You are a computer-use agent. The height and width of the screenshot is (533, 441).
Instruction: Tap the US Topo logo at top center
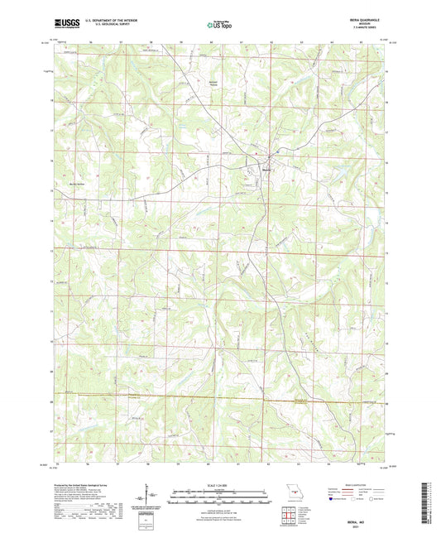click(218, 26)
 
